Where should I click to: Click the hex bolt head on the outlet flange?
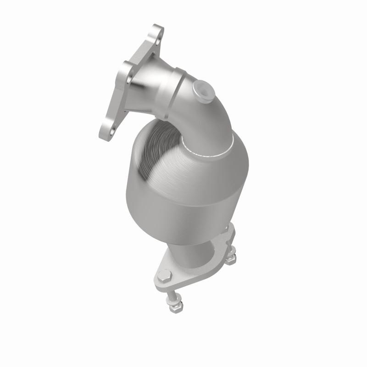[x=164, y=276]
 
